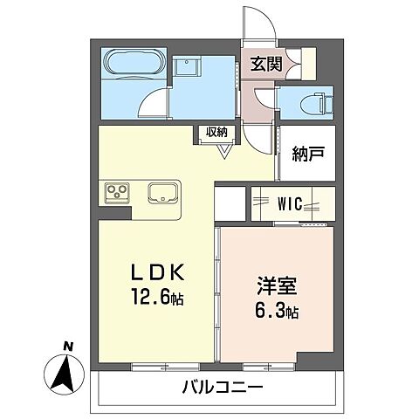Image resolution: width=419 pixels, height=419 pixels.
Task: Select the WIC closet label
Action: pos(291,204)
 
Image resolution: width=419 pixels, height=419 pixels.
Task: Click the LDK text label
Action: pos(155,270)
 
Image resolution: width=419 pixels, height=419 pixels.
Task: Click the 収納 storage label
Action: pos(217,132)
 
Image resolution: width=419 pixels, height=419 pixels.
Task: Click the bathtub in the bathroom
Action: pos(130,65)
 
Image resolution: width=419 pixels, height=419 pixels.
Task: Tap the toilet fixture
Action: pos(314,103)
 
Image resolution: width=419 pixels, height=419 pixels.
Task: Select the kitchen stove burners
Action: pos(118,191)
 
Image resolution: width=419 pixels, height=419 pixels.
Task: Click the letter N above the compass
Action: pos(67,346)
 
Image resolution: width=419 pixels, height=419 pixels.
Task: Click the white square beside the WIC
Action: pos(230,204)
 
